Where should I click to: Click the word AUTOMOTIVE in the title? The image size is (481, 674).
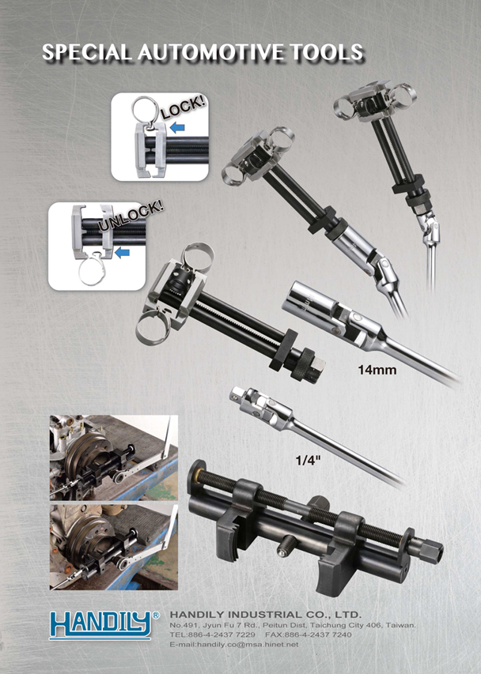click(x=211, y=52)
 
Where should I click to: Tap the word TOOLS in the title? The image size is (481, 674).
click(x=327, y=52)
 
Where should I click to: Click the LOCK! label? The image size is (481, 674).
click(x=184, y=108)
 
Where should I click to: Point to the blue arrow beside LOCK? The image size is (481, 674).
click(x=177, y=128)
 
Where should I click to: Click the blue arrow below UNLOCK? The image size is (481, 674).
click(x=122, y=253)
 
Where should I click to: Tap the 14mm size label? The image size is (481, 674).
click(x=377, y=370)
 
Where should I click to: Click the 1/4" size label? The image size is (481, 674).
click(x=309, y=461)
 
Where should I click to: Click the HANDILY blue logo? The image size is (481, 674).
click(x=100, y=625)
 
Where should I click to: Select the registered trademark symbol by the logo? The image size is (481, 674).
click(x=156, y=615)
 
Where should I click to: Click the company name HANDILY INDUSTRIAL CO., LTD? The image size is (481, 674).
click(x=266, y=614)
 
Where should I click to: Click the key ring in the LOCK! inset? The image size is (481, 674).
click(x=145, y=110)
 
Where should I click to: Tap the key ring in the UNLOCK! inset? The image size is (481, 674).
click(x=92, y=271)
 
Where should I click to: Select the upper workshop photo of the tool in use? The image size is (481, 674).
click(x=114, y=457)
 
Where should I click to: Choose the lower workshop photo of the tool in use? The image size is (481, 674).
click(x=114, y=546)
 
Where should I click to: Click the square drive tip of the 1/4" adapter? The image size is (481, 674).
click(x=237, y=392)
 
